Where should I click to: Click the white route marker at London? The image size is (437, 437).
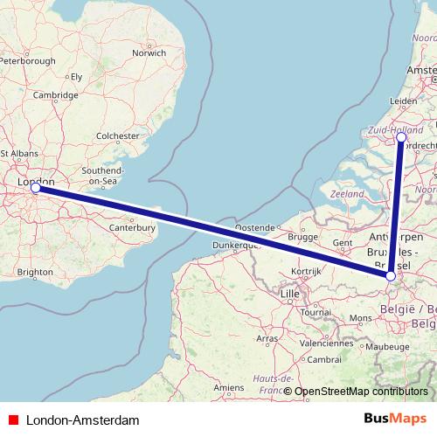(35, 187)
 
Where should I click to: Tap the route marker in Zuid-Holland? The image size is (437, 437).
(401, 137)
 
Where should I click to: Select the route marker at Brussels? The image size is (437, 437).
(391, 277)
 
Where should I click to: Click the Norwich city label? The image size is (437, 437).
(148, 52)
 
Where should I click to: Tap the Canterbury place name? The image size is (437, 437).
(132, 227)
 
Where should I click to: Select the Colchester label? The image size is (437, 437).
(117, 136)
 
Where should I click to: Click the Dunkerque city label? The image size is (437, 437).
(234, 246)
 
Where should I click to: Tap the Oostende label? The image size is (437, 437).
(253, 227)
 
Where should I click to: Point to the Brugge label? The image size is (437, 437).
(302, 237)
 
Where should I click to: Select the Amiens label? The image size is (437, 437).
(228, 386)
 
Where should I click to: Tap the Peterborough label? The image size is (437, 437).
(27, 61)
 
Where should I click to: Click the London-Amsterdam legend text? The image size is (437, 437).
(82, 420)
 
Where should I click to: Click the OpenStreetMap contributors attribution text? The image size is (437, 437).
(362, 392)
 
